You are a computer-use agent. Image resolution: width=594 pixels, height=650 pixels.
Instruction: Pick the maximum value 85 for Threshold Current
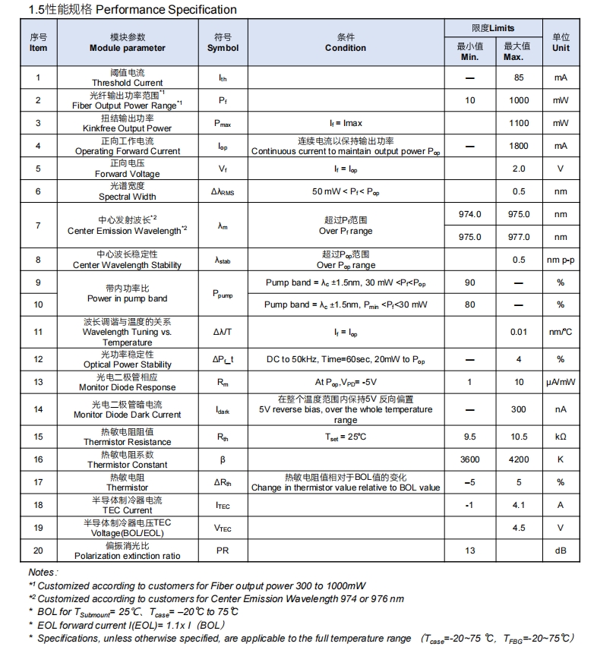(x=519, y=77)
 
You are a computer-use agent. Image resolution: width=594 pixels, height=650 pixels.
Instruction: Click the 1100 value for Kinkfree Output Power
(x=519, y=123)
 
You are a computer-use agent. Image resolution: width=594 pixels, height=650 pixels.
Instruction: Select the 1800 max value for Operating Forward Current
(x=519, y=146)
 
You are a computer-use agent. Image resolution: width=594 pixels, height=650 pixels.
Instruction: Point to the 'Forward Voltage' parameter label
(x=127, y=174)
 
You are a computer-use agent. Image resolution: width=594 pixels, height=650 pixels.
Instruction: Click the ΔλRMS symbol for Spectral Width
(x=223, y=192)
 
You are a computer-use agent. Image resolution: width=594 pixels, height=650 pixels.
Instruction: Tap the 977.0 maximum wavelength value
(x=519, y=237)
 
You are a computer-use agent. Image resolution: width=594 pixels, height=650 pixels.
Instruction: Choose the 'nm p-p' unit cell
(x=561, y=260)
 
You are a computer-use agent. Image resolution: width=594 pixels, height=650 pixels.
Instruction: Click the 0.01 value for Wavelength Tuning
(x=519, y=332)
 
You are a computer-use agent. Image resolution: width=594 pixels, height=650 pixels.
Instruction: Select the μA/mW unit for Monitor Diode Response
(x=561, y=382)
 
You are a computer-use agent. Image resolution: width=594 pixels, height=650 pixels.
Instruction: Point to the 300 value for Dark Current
(x=519, y=409)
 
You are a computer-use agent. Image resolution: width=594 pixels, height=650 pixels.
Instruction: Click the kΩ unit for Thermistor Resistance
(x=561, y=437)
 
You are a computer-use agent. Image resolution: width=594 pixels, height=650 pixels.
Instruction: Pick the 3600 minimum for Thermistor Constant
(x=469, y=459)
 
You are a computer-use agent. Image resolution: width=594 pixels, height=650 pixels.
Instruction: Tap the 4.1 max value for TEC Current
(x=519, y=505)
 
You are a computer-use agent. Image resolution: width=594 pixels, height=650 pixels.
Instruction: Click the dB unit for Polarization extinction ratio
(x=561, y=551)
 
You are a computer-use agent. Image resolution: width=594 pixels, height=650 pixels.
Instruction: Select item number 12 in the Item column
(x=38, y=359)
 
